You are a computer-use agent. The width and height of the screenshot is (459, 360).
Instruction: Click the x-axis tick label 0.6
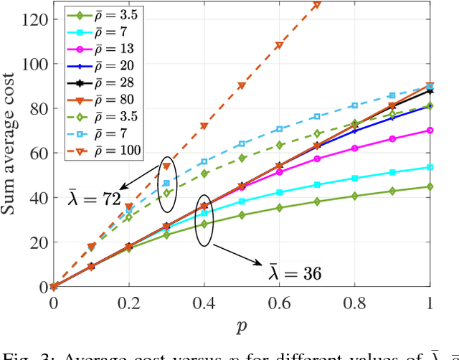[279, 304]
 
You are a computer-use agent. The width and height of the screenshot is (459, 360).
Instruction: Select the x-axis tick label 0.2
[128, 304]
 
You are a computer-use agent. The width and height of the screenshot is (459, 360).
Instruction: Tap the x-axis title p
[242, 326]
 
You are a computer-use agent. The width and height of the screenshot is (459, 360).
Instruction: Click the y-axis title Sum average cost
[13, 152]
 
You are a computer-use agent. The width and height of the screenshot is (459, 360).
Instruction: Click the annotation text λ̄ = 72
[95, 198]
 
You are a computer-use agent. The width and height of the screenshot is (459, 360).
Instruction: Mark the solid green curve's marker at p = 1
[430, 186]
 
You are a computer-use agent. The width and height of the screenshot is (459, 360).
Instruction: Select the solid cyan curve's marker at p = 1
[430, 167]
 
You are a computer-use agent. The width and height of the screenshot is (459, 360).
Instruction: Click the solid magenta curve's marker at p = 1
[430, 131]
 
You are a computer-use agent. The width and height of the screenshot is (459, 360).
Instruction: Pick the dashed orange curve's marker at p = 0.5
[242, 86]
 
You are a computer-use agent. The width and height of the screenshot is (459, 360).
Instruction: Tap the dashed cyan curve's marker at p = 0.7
[317, 116]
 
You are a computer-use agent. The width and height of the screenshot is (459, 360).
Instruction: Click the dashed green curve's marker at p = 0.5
[242, 158]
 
